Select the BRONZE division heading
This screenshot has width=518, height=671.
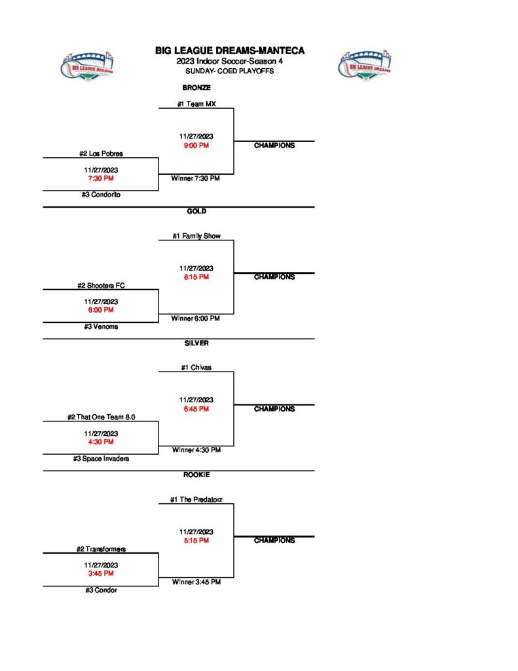[x=196, y=87]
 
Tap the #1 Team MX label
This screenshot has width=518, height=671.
[x=196, y=104]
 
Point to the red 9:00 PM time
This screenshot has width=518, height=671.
[x=196, y=145]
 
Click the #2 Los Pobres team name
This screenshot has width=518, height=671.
[x=102, y=153]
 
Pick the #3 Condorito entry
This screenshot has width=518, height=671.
[x=102, y=195]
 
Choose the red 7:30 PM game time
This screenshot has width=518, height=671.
[x=101, y=178]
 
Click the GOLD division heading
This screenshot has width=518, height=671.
[x=196, y=211]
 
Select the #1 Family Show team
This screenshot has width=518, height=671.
[x=196, y=236]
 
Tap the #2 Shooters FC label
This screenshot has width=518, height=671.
[x=101, y=286]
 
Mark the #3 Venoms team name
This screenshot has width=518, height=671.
[x=101, y=326]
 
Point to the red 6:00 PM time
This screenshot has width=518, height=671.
[x=101, y=310]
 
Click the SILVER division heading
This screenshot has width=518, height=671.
[x=196, y=343]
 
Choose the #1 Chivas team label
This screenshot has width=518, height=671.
[x=196, y=368]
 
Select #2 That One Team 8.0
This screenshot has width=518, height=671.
[x=101, y=417]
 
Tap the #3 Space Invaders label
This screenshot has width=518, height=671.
[x=101, y=459]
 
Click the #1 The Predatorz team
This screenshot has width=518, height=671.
[x=196, y=499]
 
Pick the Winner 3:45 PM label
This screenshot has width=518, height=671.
[x=196, y=582]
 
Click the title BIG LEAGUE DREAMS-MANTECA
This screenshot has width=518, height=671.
[x=230, y=50]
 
